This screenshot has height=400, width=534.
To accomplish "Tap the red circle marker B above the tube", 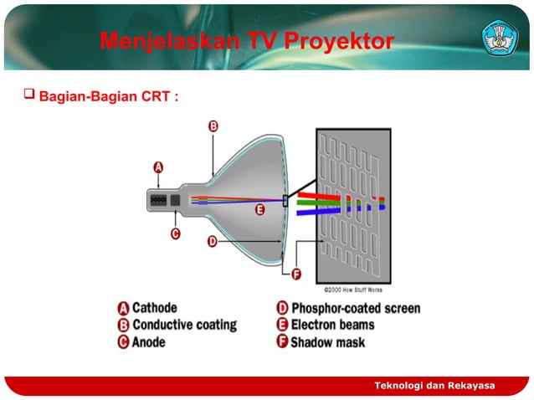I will tap(213, 126).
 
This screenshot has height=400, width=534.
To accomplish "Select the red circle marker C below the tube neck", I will tap(175, 233).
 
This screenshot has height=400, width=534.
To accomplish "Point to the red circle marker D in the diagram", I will tap(213, 241).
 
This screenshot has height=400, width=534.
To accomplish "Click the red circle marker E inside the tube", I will tap(260, 210).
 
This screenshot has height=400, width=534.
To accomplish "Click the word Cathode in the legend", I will tap(154, 308).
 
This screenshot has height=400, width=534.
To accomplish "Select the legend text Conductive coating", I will tap(183, 325).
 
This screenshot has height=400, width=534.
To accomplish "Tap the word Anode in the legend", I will tap(148, 341).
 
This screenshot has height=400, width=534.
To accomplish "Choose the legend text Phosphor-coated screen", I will tap(355, 308).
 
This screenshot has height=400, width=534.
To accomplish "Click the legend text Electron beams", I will tap(332, 325).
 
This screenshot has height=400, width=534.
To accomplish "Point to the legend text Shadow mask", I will tap(327, 341).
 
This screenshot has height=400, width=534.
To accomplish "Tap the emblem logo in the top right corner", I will tap(499, 38).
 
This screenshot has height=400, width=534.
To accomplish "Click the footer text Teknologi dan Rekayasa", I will tap(434, 385).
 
